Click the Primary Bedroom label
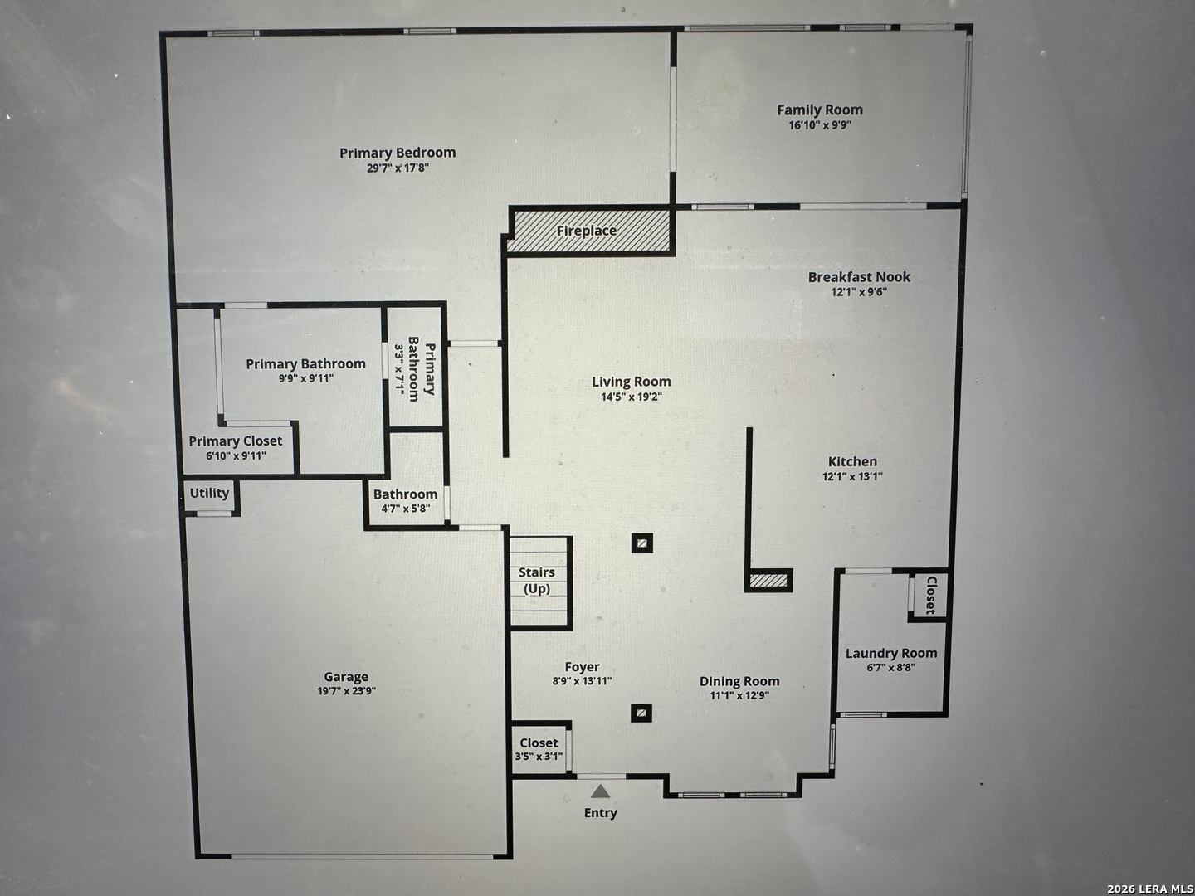pos(398,153)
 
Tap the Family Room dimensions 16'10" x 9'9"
pos(820,125)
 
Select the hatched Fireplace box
pos(588,231)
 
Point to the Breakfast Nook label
pos(859,277)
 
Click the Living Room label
pos(631,382)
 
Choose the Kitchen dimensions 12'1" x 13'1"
pos(852,476)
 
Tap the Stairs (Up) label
pos(537,581)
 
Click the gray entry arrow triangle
pos(600,791)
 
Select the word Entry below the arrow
pos(600,813)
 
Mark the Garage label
pos(346,677)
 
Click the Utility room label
pos(209,493)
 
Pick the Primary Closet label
pos(236,441)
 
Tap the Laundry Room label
pos(891,653)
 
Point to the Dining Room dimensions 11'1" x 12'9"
pos(739,695)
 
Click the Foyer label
pos(582,667)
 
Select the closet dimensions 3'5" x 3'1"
pos(539,756)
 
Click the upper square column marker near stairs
pos(641,543)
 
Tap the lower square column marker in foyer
pos(641,712)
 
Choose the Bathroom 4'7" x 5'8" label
pos(405,494)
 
